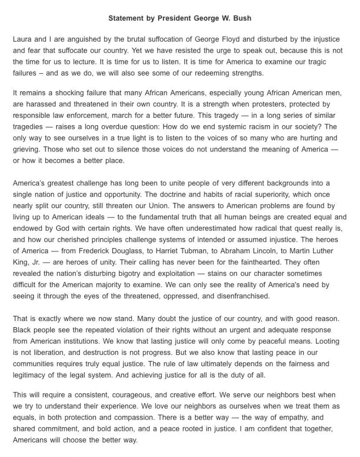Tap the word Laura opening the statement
(23, 40)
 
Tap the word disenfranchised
(242, 296)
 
